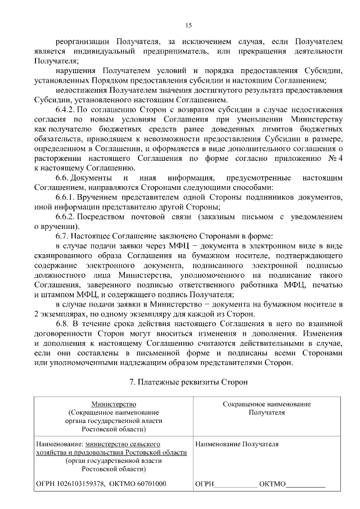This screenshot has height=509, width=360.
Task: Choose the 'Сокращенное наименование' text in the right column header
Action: click(267, 404)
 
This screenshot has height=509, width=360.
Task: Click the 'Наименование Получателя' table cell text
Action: click(237, 444)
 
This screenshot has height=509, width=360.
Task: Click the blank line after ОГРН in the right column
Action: click(236, 484)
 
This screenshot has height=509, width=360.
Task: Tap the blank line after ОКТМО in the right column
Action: click(306, 484)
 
